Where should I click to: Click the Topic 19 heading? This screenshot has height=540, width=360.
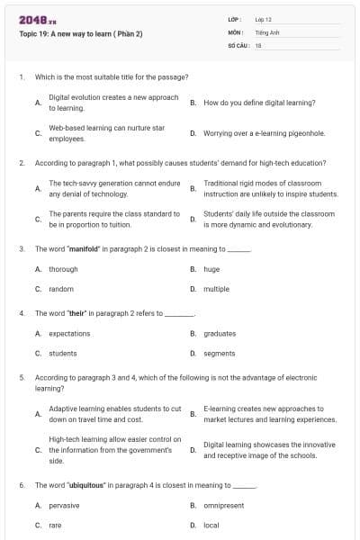pos(80,34)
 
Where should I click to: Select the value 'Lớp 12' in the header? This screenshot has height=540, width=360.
pos(263,19)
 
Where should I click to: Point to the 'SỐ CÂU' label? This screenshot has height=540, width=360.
pos(238,44)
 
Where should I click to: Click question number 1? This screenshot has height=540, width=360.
pos(22,77)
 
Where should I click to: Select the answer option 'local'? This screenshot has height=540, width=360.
pos(211,526)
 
